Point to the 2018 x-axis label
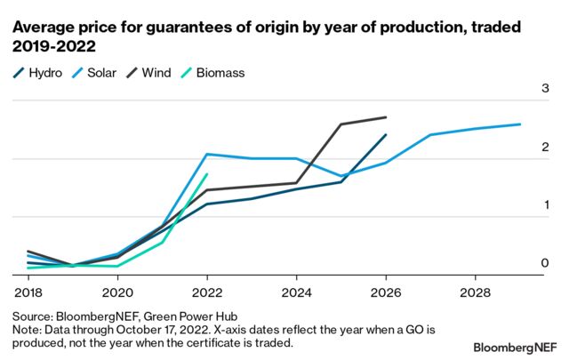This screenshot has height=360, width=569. (x=28, y=292)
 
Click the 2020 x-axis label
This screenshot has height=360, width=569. (x=116, y=292)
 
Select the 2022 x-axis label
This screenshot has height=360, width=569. (x=206, y=292)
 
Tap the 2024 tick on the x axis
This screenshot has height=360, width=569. (x=296, y=292)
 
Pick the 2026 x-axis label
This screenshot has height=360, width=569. (x=385, y=292)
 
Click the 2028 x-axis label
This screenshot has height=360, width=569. (x=475, y=292)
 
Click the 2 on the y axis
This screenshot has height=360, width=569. (x=543, y=148)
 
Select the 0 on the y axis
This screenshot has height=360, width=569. (x=543, y=264)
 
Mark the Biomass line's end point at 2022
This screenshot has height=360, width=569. (x=206, y=174)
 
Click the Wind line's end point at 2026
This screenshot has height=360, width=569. (x=385, y=117)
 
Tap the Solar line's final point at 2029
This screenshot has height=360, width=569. (x=519, y=124)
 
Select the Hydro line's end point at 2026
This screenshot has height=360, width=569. (x=385, y=135)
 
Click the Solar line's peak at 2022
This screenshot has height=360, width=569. (x=206, y=154)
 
